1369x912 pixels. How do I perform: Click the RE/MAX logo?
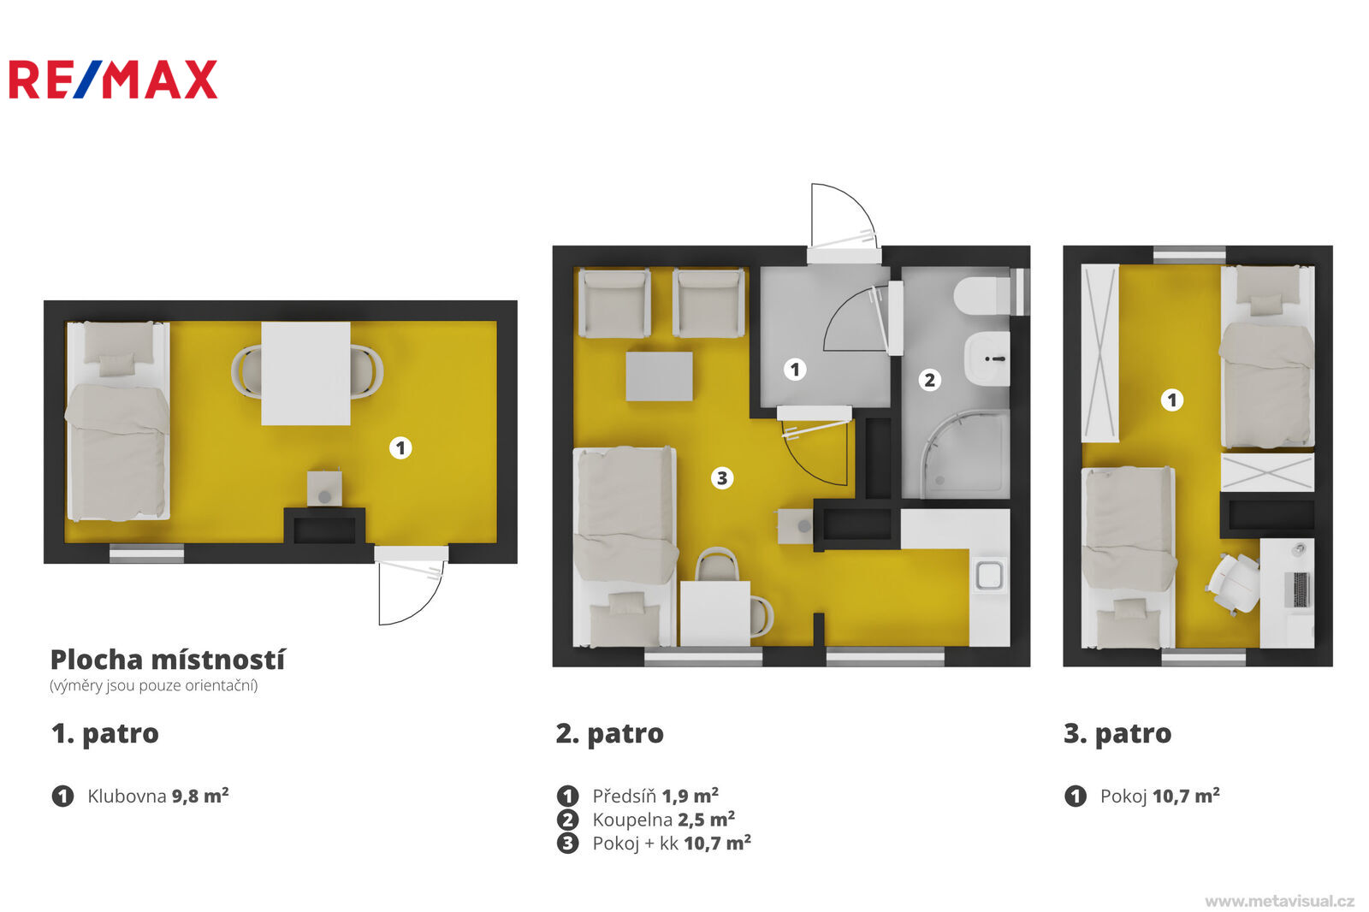tap(113, 79)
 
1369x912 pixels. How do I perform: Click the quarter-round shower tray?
tap(965, 454)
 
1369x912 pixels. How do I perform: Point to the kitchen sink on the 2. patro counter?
tap(989, 575)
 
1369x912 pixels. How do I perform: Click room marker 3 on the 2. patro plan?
tap(722, 477)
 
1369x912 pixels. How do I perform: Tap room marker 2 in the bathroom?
tap(929, 380)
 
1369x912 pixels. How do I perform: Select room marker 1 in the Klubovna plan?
tap(400, 448)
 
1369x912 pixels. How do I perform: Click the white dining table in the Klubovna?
tap(305, 374)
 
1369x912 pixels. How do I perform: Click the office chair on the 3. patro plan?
tap(1233, 583)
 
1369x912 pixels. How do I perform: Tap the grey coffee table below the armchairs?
tap(659, 376)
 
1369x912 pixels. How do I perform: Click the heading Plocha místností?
tap(168, 660)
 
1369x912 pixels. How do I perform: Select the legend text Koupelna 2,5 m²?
tap(664, 819)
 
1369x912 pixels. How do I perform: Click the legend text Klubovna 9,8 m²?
tap(158, 796)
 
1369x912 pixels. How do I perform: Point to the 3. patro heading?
tap(1117, 734)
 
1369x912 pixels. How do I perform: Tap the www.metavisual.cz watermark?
tap(1280, 901)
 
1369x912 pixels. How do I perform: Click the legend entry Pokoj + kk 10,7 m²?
tap(672, 843)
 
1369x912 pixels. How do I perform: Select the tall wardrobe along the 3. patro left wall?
tap(1100, 352)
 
